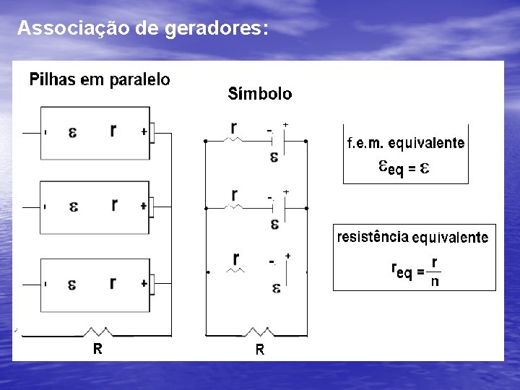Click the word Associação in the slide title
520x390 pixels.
tap(61, 28)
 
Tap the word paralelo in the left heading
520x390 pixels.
tap(140, 79)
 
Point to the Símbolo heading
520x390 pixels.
tap(260, 94)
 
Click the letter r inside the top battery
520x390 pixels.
tap(113, 130)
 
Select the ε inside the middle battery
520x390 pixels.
tap(74, 207)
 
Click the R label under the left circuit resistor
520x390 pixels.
tap(97, 349)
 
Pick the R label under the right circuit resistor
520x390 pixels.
tap(259, 351)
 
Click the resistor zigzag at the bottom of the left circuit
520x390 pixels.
tap(98, 332)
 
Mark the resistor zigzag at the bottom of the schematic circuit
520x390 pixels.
tap(259, 333)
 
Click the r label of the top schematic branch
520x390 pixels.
tap(233, 128)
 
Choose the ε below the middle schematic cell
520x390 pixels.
tap(274, 223)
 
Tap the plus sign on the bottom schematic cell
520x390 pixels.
tap(288, 256)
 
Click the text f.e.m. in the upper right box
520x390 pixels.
tap(365, 143)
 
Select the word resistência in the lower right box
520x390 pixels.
tap(372, 236)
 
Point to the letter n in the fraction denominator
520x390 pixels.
tap(434, 282)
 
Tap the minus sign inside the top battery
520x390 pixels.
tap(45, 133)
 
